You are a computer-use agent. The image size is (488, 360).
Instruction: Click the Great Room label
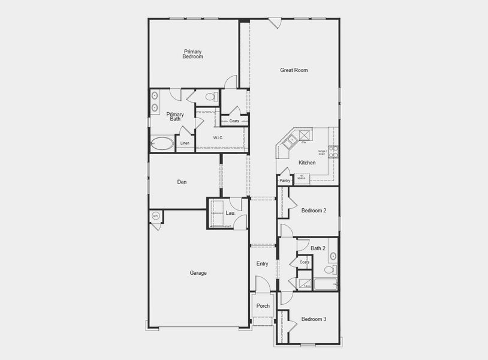pyautogui.click(x=294, y=70)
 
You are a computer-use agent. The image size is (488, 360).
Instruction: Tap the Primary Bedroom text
pyautogui.click(x=193, y=54)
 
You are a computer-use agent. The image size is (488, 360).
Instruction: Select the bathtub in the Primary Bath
pyautogui.click(x=161, y=143)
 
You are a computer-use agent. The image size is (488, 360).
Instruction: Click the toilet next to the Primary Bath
pyautogui.click(x=210, y=96)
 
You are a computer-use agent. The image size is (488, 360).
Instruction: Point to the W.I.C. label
pyautogui.click(x=218, y=138)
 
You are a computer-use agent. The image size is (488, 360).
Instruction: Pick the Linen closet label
pyautogui.click(x=185, y=143)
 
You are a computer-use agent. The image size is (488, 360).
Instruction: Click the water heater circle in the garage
pyautogui.click(x=156, y=217)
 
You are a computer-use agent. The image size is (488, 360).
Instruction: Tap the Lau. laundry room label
pyautogui.click(x=230, y=212)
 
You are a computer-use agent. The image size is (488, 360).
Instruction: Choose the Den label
pyautogui.click(x=182, y=182)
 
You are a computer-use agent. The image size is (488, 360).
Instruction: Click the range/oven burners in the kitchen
pyautogui.click(x=334, y=152)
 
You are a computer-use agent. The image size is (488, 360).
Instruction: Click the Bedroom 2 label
pyautogui.click(x=314, y=211)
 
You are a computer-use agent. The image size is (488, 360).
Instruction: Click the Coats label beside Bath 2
pyautogui.click(x=305, y=262)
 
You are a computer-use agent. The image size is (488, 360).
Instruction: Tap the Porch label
pyautogui.click(x=263, y=306)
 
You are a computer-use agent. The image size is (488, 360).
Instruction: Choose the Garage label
pyautogui.click(x=198, y=273)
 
